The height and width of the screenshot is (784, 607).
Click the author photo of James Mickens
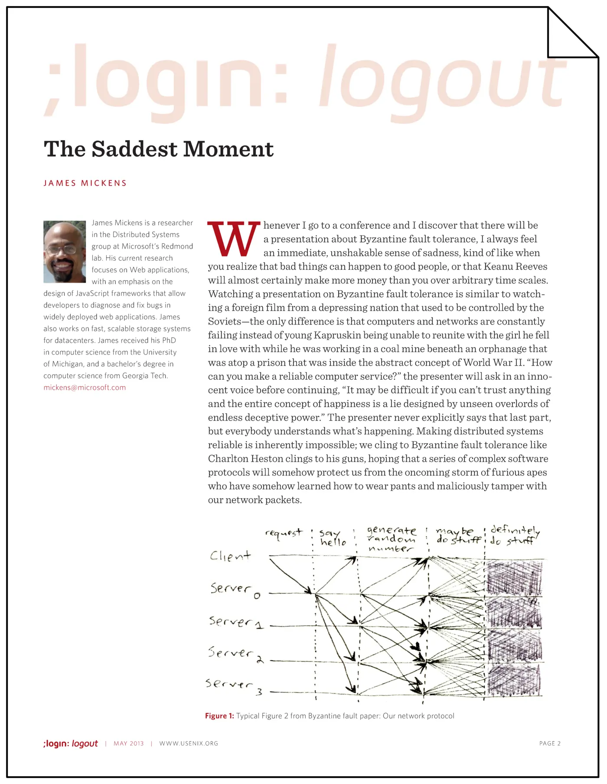point(65,252)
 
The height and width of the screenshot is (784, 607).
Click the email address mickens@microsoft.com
point(85,387)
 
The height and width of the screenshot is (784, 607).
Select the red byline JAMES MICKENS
point(85,183)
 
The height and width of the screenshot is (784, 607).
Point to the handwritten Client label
point(230,556)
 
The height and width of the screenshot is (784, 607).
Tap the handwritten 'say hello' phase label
point(333,538)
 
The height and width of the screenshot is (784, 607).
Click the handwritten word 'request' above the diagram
point(284,533)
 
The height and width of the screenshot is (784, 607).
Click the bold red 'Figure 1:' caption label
point(219,716)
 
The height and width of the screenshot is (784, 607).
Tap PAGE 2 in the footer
point(550,743)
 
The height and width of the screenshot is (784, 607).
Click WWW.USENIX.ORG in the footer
point(189,743)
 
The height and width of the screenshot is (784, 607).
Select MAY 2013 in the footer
point(128,743)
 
